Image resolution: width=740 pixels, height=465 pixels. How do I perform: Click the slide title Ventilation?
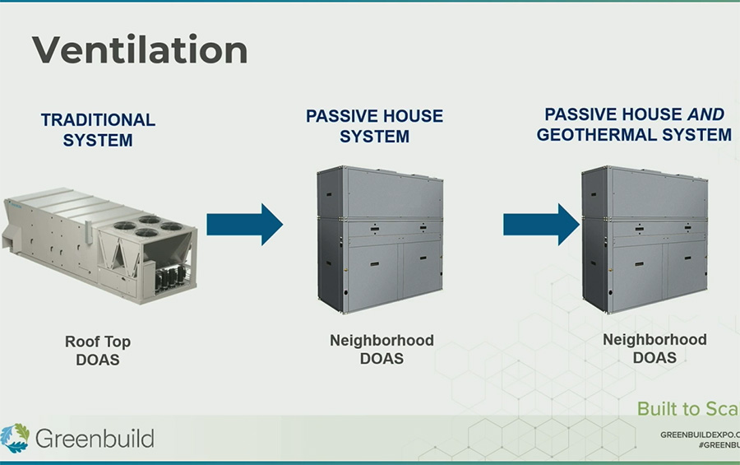point(140,51)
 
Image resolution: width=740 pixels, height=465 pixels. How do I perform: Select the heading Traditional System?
point(98,130)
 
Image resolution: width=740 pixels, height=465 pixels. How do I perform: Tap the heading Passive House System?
point(374,125)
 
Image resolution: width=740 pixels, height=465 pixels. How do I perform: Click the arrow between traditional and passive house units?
point(244,224)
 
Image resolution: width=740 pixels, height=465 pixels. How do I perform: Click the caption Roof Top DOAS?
point(98,351)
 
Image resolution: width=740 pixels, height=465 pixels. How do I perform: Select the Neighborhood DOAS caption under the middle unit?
point(382,349)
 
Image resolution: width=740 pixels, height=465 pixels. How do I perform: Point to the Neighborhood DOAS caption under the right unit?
point(654,348)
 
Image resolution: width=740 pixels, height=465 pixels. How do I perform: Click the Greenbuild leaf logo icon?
point(15,438)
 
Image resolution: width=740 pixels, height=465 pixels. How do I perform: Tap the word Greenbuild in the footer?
point(95,438)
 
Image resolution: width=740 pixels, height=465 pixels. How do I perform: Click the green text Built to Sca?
point(687,409)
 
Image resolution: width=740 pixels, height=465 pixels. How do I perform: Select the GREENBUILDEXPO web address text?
point(700,434)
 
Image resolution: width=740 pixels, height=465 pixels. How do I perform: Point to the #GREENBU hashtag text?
point(718,444)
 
